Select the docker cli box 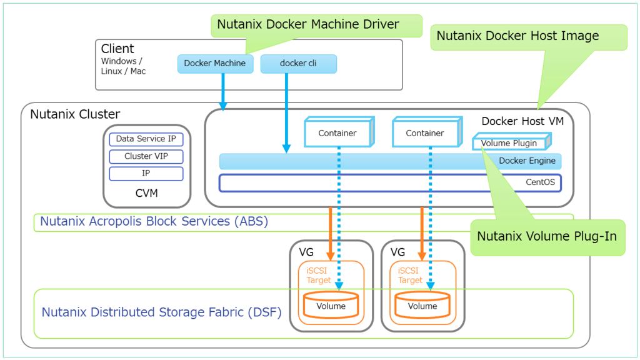[298, 63]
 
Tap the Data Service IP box [146, 139]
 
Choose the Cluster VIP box [146, 156]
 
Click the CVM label [147, 193]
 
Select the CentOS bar [389, 182]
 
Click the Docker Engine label [527, 161]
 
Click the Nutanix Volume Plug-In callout [547, 237]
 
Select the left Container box [337, 133]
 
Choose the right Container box [425, 133]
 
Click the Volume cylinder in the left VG [331, 306]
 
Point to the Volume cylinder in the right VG [422, 306]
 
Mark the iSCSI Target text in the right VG [410, 276]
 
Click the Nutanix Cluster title [75, 114]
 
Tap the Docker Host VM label [522, 121]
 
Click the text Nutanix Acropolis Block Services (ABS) [154, 221]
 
